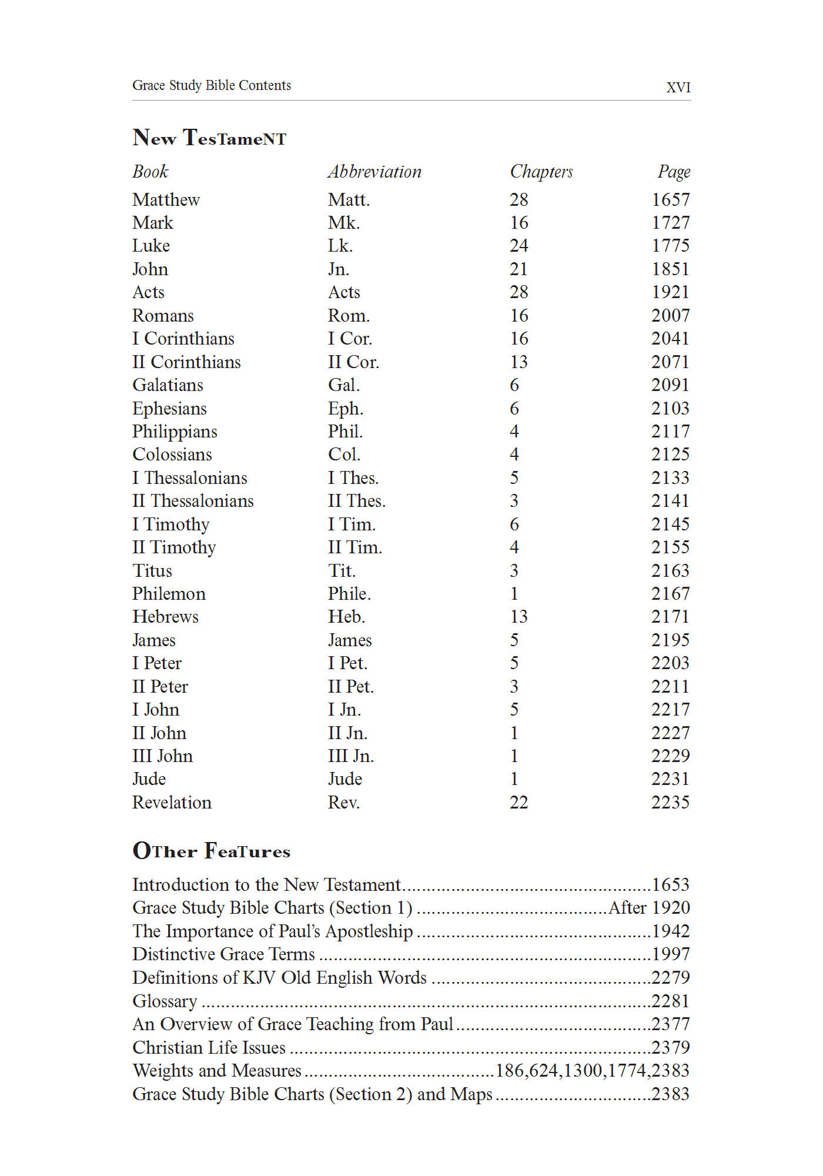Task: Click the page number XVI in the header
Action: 678,88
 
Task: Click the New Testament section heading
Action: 209,138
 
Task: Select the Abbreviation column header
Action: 374,172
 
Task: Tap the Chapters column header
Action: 541,172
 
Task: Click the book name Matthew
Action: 166,200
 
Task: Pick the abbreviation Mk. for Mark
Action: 344,223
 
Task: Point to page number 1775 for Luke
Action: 670,246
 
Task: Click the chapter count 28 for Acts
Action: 518,292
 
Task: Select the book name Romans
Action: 163,316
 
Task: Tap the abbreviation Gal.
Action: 344,385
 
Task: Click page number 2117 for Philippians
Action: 670,432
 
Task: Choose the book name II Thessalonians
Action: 193,501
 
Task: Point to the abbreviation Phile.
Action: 349,594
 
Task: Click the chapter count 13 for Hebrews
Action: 518,617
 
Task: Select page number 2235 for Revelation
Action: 670,803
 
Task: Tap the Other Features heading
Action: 212,851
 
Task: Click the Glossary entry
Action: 165,1001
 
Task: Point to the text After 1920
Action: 649,908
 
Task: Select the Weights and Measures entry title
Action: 217,1071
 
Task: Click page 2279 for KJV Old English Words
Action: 670,978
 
